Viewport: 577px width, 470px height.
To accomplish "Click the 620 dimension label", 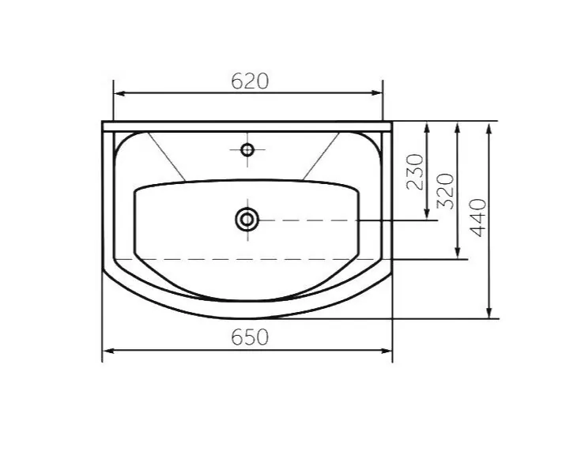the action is click(250, 81).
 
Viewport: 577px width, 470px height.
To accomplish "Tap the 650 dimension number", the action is click(250, 337).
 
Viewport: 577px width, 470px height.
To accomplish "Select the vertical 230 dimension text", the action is click(416, 171).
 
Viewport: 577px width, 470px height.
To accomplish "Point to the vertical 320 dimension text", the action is click(445, 191).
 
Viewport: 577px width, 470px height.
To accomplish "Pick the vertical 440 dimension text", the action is click(478, 217).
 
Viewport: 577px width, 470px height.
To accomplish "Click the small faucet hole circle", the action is click(247, 149).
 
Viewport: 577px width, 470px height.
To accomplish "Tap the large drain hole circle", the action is click(247, 220).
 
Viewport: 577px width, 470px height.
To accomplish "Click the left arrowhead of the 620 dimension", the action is click(119, 93).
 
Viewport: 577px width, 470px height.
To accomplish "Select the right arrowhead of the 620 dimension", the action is click(377, 93).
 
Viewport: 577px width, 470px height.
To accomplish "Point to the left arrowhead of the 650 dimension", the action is click(108, 351).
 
